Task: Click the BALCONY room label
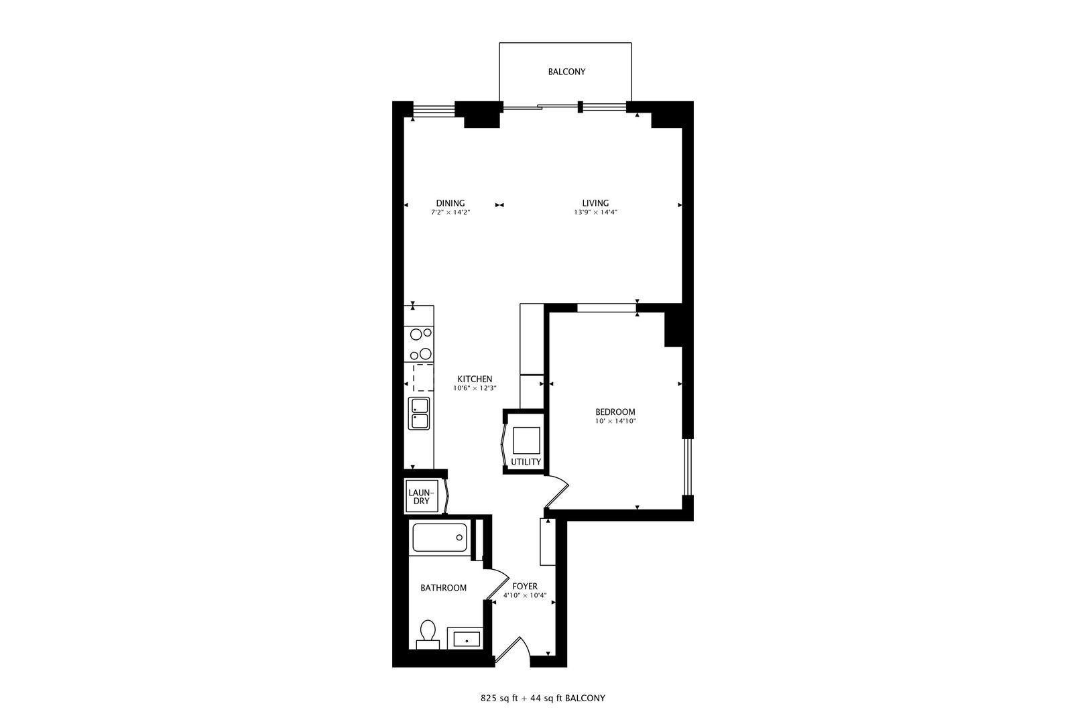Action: click(x=566, y=72)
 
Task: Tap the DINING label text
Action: click(x=450, y=203)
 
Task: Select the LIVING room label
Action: click(x=595, y=203)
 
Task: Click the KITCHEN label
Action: click(x=475, y=379)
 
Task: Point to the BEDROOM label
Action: click(x=615, y=412)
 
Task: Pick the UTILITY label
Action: click(x=526, y=462)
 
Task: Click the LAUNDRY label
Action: click(x=421, y=497)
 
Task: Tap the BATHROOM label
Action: click(x=443, y=588)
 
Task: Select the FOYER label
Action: click(x=525, y=587)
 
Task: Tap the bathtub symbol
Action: click(x=439, y=538)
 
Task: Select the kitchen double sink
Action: click(x=420, y=413)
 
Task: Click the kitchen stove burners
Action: click(x=420, y=343)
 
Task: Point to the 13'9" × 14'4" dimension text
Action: click(x=595, y=213)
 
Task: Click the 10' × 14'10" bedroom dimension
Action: click(x=615, y=421)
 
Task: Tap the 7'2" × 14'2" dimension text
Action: click(x=450, y=213)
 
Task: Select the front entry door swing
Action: click(x=514, y=650)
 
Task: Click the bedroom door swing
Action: click(x=557, y=493)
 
